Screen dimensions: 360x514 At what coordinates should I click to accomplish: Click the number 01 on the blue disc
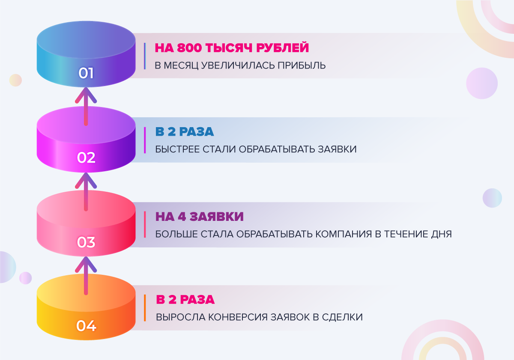coord(86,73)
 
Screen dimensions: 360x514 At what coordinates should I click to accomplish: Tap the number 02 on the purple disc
coord(86,158)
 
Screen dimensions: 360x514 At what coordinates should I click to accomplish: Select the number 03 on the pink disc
coord(86,243)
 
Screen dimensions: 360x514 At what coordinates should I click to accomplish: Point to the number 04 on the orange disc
coord(86,326)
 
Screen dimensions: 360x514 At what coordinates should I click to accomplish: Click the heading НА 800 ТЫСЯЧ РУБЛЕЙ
coord(232,48)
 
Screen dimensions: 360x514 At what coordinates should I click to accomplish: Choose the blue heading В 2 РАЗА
coord(185,132)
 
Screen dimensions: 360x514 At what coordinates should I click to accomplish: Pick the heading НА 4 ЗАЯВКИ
coord(200,217)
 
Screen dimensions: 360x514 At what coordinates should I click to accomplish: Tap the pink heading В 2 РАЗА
coord(185,300)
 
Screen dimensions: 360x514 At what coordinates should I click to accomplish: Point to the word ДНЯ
coord(441,235)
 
